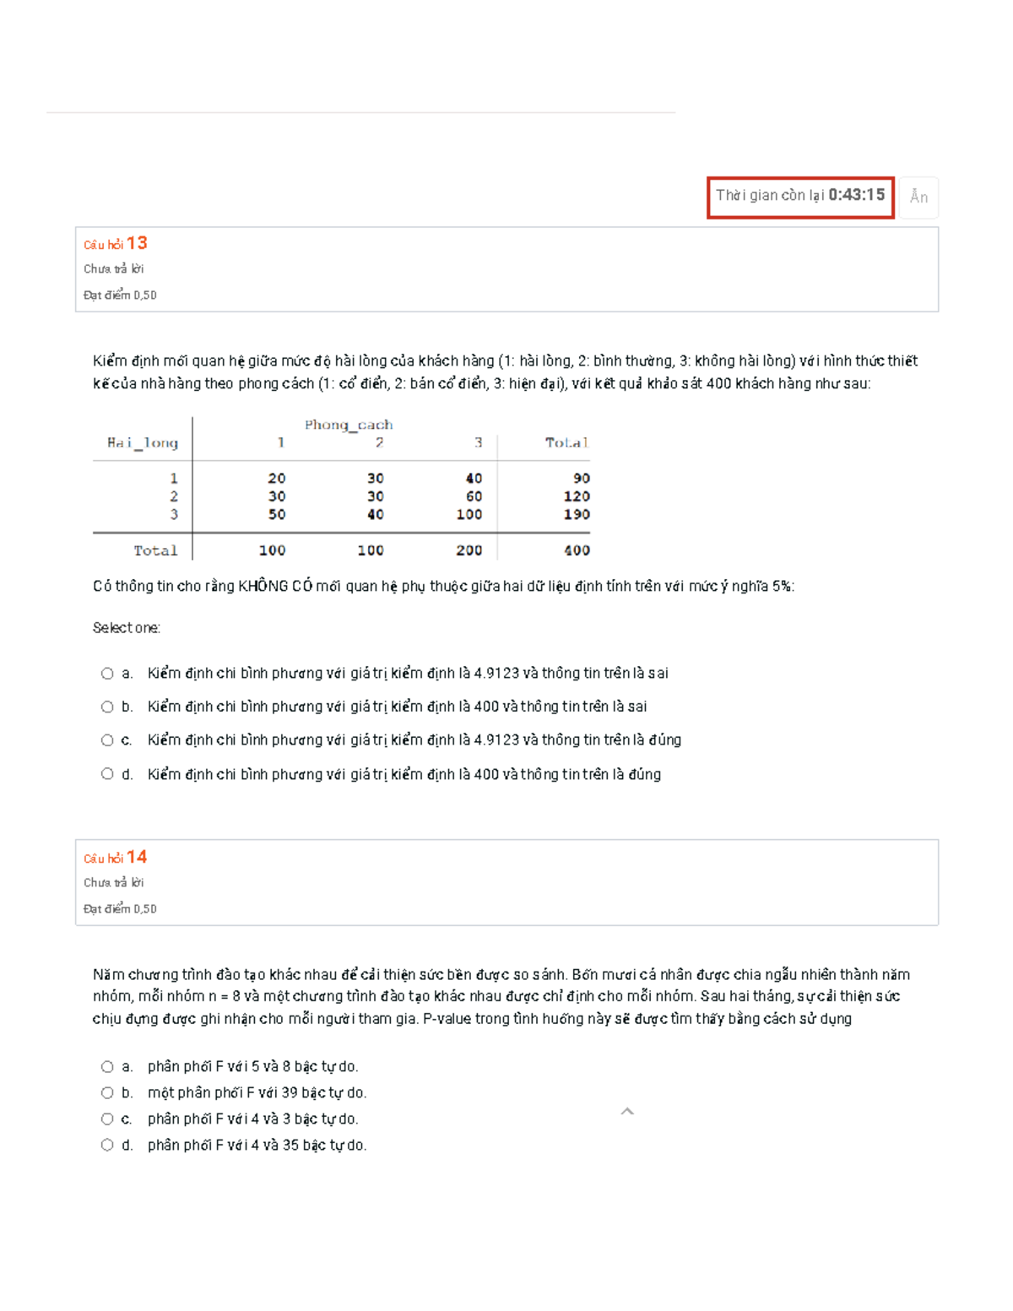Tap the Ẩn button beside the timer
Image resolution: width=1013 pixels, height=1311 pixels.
[918, 198]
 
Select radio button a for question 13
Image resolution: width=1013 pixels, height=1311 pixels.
[107, 674]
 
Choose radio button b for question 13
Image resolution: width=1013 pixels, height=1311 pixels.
[107, 707]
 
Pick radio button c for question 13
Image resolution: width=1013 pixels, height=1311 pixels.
[107, 740]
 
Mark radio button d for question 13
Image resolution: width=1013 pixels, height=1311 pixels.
[107, 774]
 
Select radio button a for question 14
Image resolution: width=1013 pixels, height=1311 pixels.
[107, 1067]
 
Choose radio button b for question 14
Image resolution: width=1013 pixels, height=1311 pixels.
[107, 1093]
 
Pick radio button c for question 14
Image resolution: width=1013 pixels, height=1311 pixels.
[107, 1119]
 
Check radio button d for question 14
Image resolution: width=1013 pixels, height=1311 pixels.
[107, 1146]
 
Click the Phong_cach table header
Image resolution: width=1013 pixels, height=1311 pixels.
[349, 425]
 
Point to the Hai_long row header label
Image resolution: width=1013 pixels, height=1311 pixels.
[143, 442]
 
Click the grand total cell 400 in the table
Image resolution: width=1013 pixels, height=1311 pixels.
[577, 550]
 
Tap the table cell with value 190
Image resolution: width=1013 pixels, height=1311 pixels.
[577, 514]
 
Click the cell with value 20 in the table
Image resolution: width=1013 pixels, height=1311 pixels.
[276, 479]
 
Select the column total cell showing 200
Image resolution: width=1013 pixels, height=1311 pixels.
[469, 550]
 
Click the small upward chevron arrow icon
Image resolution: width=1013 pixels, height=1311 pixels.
[627, 1112]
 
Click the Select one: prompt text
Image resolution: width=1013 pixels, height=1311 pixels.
[127, 628]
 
